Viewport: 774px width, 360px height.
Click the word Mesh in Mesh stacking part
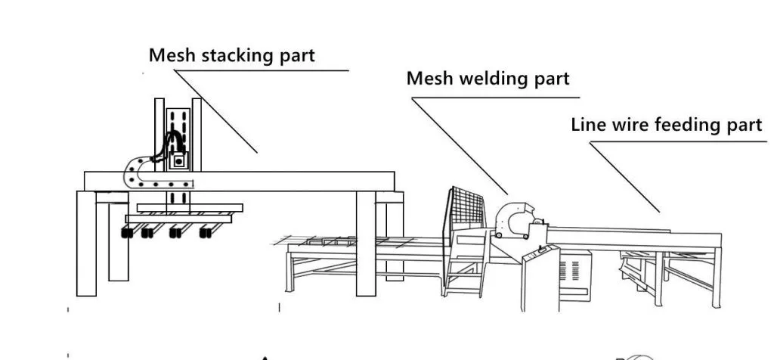pos(169,55)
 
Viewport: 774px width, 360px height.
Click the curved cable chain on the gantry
pos(136,174)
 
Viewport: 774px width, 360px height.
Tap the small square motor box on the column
pos(179,160)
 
